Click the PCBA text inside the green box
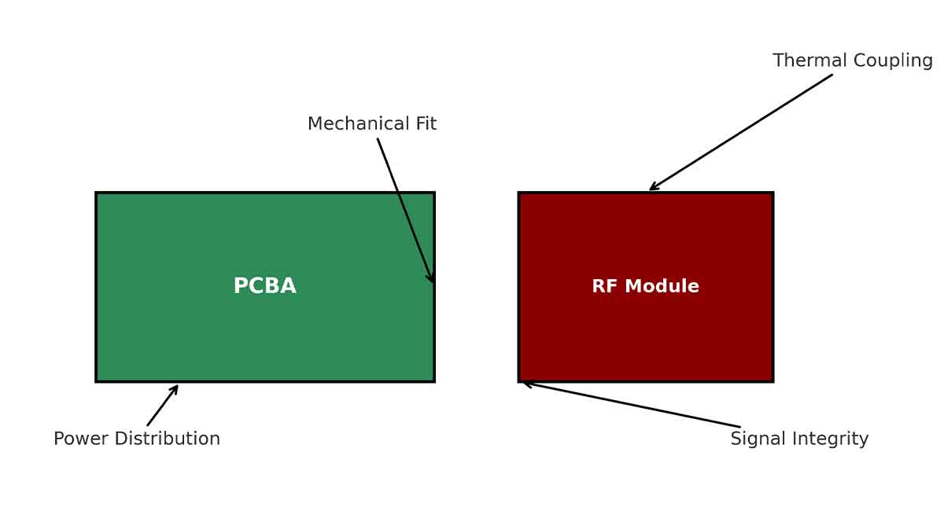(264, 287)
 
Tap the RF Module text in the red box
(645, 287)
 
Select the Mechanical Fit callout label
(371, 124)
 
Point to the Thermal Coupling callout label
(852, 61)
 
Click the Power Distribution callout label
(137, 439)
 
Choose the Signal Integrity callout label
(799, 439)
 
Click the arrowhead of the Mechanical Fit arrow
(432, 280)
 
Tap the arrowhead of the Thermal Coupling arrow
(652, 188)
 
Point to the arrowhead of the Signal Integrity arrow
(525, 384)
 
